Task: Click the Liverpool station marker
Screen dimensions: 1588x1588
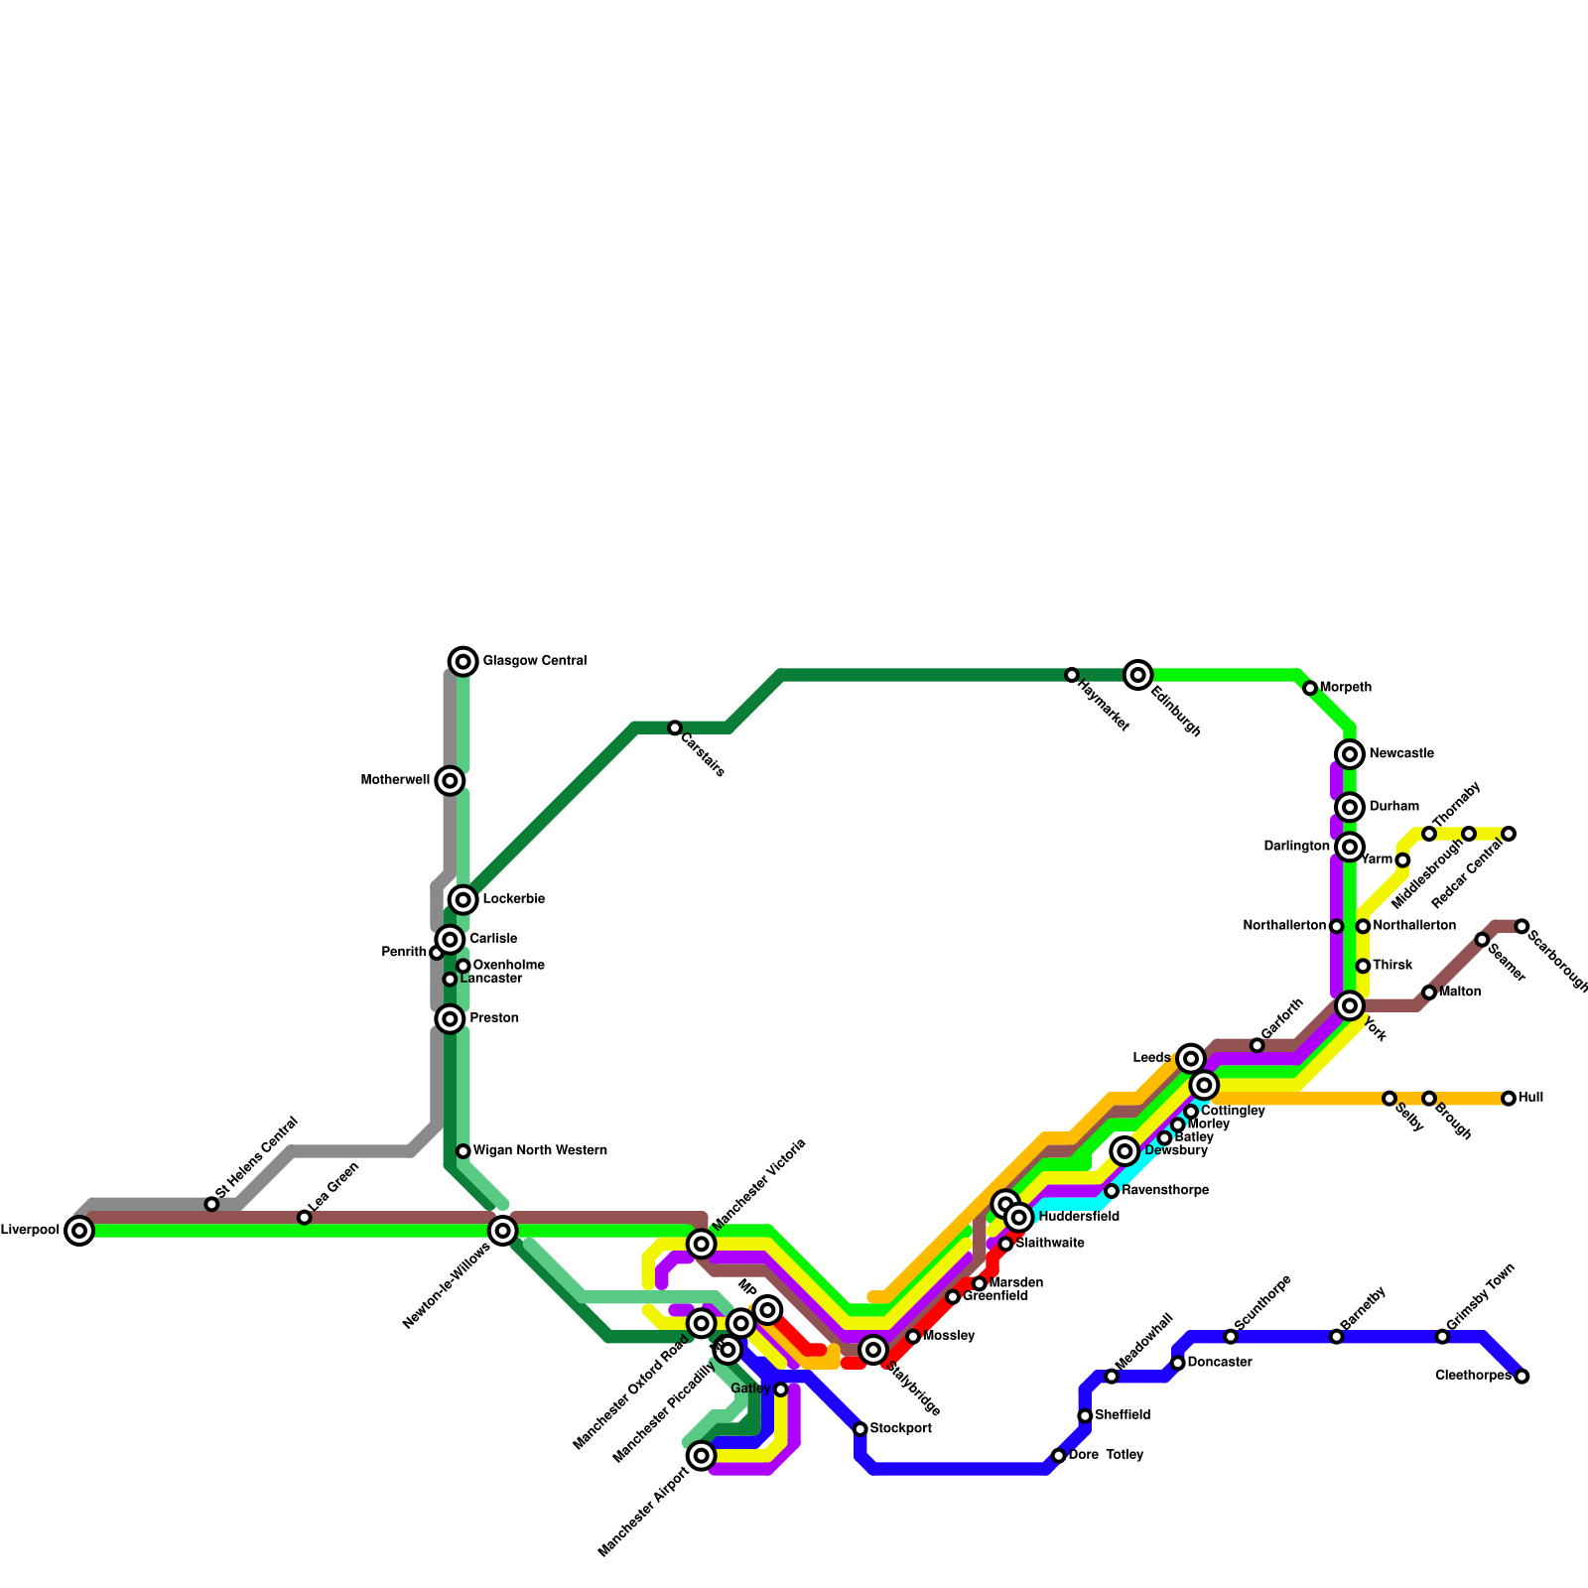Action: (x=79, y=1231)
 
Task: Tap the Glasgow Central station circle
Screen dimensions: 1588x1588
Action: (x=463, y=661)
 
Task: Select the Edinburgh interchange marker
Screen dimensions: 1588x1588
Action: (x=1138, y=675)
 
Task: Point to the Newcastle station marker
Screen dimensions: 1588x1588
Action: (x=1349, y=754)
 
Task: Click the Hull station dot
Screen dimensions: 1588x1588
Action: (x=1509, y=1099)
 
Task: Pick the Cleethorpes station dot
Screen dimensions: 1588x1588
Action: (x=1522, y=1377)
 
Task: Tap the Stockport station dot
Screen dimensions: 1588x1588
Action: (x=860, y=1429)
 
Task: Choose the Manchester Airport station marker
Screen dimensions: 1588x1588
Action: (x=702, y=1456)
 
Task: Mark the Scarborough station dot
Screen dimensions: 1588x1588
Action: (x=1522, y=926)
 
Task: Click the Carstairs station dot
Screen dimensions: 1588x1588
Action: (x=675, y=728)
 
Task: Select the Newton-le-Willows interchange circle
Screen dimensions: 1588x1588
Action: (x=503, y=1231)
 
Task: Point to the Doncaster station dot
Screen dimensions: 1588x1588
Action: (x=1178, y=1363)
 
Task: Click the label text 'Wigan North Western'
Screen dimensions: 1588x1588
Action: (x=540, y=1151)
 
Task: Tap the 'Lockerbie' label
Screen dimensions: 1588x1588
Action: (x=513, y=899)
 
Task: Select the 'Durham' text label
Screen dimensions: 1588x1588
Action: (x=1393, y=807)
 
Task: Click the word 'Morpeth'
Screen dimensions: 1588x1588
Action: (x=1346, y=688)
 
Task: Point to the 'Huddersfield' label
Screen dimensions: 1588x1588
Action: (x=1079, y=1217)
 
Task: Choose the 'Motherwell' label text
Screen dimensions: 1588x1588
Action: (x=395, y=780)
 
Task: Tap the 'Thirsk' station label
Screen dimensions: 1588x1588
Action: (x=1392, y=966)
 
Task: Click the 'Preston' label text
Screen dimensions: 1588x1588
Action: (x=493, y=1018)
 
